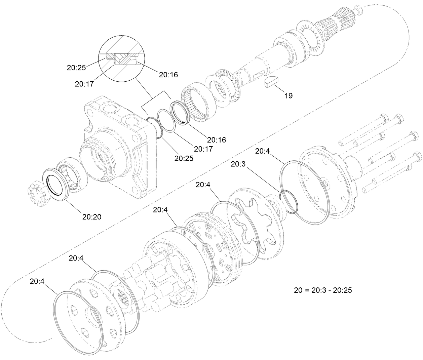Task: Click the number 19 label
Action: [x=289, y=96]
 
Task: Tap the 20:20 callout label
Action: [x=92, y=217]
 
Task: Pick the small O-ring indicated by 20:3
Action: [x=289, y=201]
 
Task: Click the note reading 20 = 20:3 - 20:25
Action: [x=323, y=290]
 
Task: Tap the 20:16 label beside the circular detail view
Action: [x=168, y=75]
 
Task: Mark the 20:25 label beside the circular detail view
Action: [x=76, y=68]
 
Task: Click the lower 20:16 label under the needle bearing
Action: [x=217, y=139]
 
